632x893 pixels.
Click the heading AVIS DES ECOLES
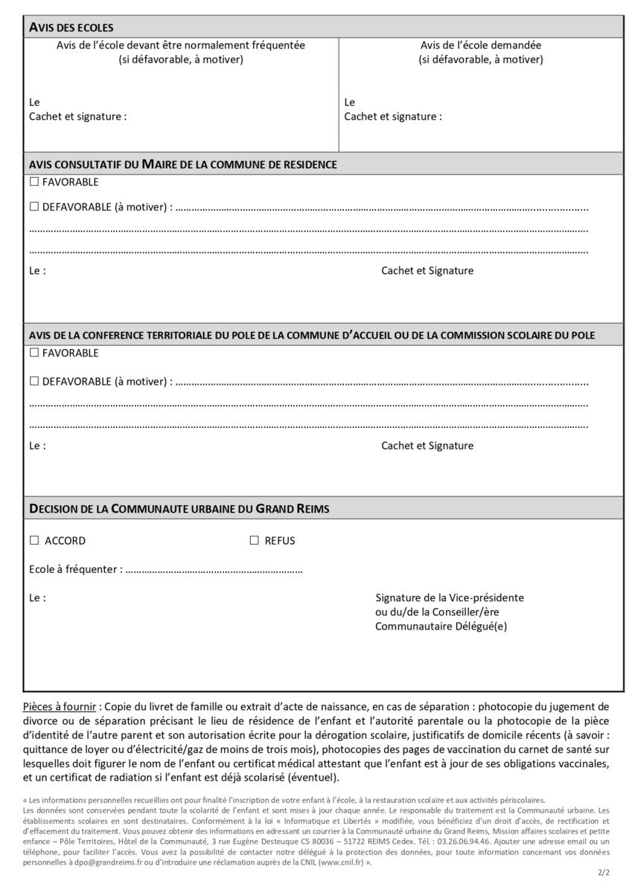click(71, 28)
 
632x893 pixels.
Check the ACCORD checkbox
click(34, 541)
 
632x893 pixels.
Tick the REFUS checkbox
click(254, 541)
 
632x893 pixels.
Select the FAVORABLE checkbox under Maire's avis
click(34, 182)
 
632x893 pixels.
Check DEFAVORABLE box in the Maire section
click(34, 207)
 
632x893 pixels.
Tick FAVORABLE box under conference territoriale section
click(34, 353)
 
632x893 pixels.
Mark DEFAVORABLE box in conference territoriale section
click(34, 382)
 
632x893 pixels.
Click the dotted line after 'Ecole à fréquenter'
click(214, 571)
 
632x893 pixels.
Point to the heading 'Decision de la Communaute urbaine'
click(179, 509)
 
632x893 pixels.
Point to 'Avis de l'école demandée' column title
click(480, 45)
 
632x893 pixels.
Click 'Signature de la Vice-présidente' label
click(450, 598)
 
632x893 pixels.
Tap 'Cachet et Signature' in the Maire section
click(427, 271)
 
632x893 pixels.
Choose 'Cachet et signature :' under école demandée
click(393, 117)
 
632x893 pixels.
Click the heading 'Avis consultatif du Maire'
click(183, 164)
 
